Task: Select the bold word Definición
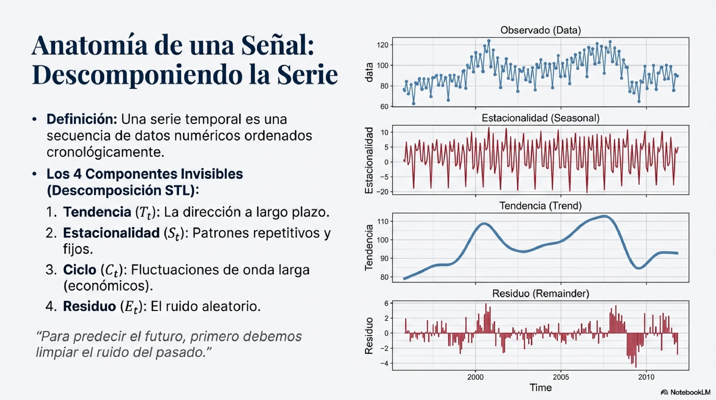82,119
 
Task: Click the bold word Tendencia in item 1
97,212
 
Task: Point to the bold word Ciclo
79,270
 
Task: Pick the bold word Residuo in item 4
89,306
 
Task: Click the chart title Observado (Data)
540,30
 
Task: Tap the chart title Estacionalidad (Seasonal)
540,118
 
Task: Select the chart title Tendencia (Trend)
540,206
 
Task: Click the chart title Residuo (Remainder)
540,293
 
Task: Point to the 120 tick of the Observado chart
382,45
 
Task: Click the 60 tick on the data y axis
384,106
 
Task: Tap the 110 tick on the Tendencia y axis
382,221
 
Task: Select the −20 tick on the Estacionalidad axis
382,192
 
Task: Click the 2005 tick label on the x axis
561,377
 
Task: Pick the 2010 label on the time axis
646,377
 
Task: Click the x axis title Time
540,387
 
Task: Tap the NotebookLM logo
686,392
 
